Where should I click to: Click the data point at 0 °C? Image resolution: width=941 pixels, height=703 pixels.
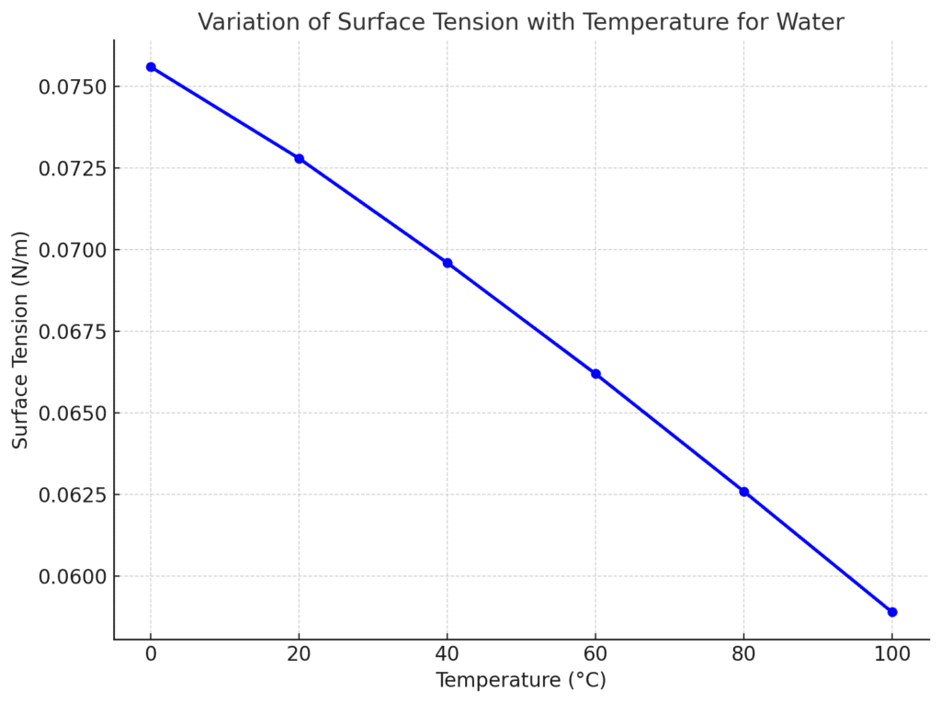point(151,67)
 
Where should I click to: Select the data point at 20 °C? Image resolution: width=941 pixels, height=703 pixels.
point(299,159)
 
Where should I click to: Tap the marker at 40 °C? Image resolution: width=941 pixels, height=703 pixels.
point(448,263)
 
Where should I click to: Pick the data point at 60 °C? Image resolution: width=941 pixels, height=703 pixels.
point(595,374)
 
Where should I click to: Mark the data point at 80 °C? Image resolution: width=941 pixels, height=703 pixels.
point(743,492)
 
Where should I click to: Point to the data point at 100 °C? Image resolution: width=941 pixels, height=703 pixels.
point(892,612)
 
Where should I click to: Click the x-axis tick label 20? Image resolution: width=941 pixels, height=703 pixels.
point(299,654)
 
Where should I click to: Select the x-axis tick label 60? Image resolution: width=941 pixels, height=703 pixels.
point(595,654)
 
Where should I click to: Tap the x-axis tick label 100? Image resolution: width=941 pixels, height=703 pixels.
point(892,654)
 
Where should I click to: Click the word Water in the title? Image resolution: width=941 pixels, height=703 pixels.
point(811,22)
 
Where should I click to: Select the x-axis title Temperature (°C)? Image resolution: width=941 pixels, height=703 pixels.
point(520,681)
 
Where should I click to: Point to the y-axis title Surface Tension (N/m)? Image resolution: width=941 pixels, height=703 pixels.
point(21,339)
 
